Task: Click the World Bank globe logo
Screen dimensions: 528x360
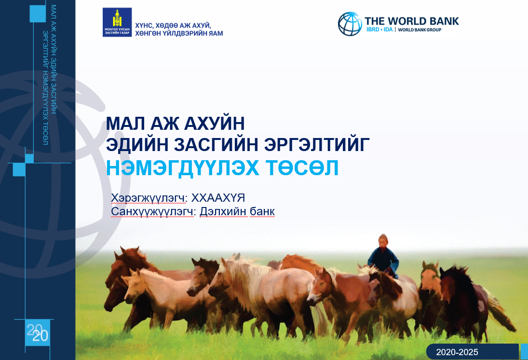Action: tap(350, 24)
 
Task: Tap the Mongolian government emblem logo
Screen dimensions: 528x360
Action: tap(117, 22)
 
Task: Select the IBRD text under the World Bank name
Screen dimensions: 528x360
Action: tap(372, 29)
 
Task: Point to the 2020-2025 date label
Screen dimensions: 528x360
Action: tap(457, 352)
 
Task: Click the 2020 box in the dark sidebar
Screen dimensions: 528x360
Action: tap(38, 332)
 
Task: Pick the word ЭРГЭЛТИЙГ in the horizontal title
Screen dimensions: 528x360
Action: tap(317, 144)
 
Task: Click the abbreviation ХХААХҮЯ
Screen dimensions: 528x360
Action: tap(218, 198)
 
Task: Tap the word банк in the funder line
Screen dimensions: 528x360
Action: tap(262, 211)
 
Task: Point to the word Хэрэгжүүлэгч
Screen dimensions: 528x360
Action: tap(148, 198)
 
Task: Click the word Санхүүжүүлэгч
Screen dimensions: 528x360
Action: tap(152, 212)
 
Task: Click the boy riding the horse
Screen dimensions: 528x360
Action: tap(383, 256)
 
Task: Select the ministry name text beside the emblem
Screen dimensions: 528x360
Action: tap(179, 29)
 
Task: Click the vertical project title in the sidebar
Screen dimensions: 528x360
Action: tap(50, 75)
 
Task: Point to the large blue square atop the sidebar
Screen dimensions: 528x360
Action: tap(38, 14)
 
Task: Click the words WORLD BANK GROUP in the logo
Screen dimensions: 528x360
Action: tap(420, 29)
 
